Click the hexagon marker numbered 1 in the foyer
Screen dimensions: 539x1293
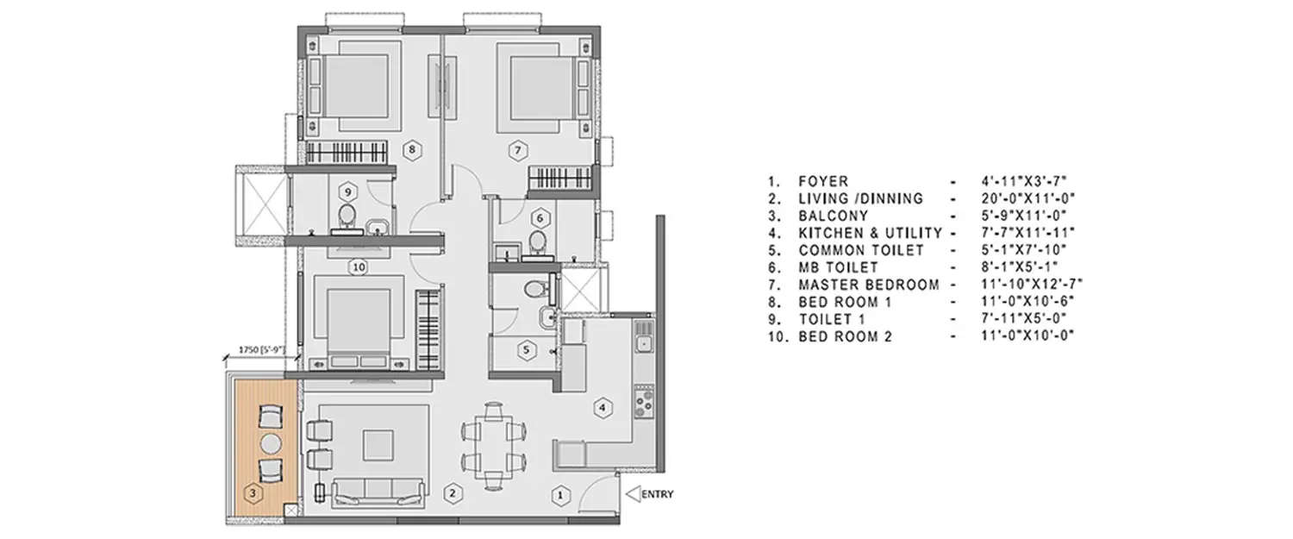[x=560, y=495]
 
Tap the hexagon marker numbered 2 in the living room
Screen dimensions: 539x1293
[x=450, y=494]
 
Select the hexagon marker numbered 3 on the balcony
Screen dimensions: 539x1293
[x=252, y=494]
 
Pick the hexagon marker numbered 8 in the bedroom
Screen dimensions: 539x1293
[x=414, y=149]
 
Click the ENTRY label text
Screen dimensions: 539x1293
[x=657, y=495]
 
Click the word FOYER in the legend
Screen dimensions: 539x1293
[x=823, y=182]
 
